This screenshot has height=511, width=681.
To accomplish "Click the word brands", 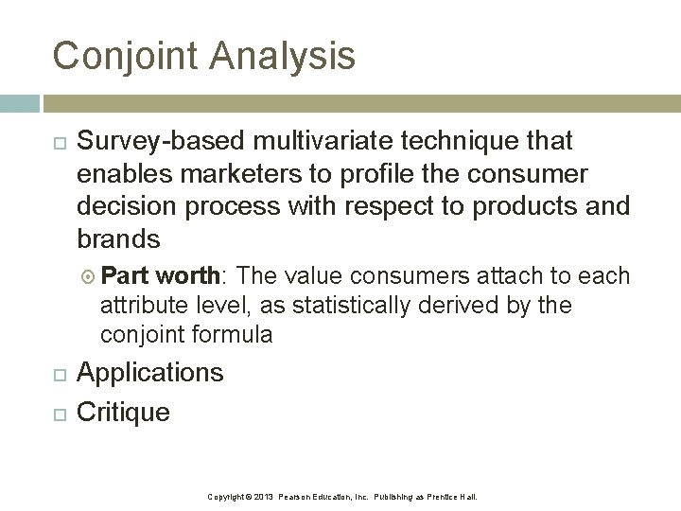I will (x=118, y=238).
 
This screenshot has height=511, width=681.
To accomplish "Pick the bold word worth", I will (x=189, y=276).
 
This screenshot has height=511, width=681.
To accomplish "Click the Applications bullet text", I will (x=150, y=373).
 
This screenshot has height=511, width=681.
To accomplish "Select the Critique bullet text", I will (x=123, y=412).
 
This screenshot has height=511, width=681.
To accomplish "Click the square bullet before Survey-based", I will (x=58, y=142).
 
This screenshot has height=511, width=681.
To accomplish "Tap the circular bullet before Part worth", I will (x=88, y=277).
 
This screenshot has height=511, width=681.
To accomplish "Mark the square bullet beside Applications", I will (x=58, y=374).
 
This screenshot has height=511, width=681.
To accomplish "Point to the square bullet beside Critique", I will (x=58, y=413).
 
